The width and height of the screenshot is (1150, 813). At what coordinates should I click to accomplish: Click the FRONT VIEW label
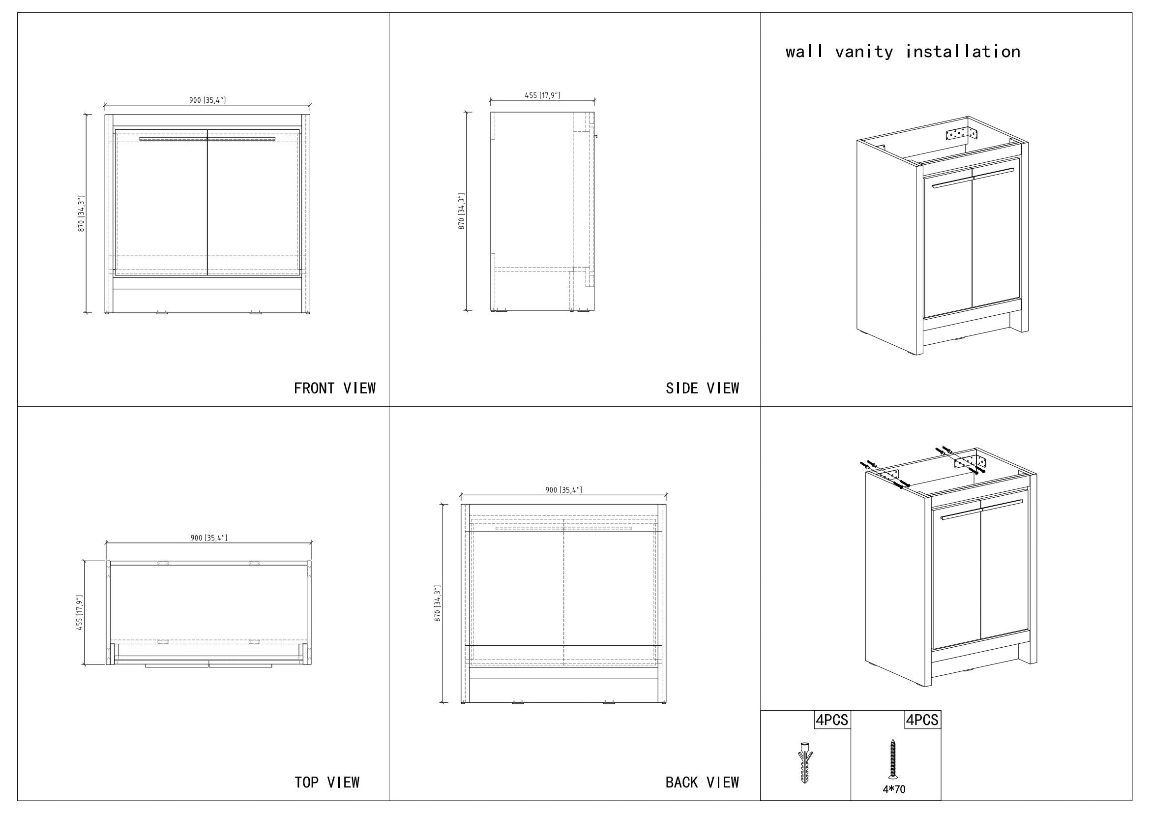click(x=335, y=388)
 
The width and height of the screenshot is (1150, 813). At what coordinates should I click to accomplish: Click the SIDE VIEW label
click(x=702, y=388)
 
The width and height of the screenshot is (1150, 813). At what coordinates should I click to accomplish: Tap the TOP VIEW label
click(x=326, y=782)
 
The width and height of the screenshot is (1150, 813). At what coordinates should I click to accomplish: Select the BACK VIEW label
click(x=702, y=782)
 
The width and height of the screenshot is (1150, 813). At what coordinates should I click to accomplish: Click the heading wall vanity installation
click(x=903, y=52)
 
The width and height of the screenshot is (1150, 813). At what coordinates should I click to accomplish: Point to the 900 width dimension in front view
click(x=207, y=100)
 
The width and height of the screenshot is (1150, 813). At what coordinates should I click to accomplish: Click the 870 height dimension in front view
click(x=82, y=213)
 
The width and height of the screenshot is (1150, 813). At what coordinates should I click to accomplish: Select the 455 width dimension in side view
click(x=542, y=95)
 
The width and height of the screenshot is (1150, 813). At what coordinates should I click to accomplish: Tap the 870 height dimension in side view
click(x=462, y=211)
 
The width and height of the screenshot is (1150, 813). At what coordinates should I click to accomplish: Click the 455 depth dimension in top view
click(x=80, y=613)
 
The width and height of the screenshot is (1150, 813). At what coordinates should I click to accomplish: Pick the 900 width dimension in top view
click(x=208, y=538)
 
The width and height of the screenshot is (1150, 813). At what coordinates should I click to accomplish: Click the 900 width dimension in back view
click(x=563, y=490)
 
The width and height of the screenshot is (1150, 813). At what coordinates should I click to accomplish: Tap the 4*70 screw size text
click(x=893, y=789)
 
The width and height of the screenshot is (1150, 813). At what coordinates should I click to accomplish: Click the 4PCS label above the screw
click(x=922, y=720)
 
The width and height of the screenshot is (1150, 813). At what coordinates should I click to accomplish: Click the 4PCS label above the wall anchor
click(x=832, y=720)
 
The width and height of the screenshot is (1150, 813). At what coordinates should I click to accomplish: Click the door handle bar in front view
click(x=207, y=138)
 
